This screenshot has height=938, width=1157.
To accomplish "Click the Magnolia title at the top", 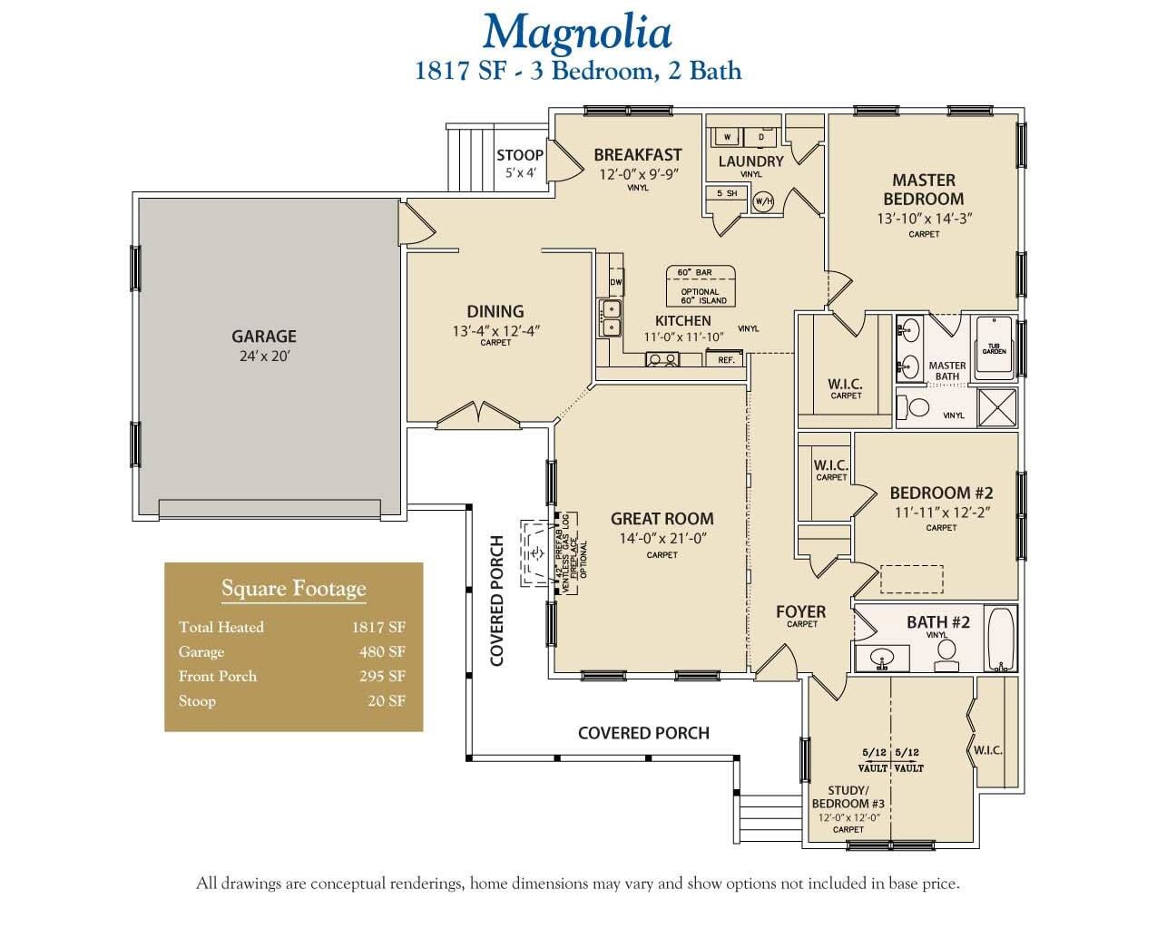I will point(577,32).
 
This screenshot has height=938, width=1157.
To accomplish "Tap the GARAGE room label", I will point(263,337).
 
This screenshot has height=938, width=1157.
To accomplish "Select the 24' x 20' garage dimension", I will point(263,357).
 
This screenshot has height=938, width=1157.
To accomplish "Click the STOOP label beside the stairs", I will point(520,155).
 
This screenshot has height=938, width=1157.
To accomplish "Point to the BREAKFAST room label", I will point(637,155).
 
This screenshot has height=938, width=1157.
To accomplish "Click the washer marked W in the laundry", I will point(727,137).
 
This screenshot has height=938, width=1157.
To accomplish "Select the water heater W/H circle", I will point(763,200).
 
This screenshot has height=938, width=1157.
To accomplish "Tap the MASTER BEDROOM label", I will point(923,190).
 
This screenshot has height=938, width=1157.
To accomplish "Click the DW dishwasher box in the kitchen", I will point(616,282).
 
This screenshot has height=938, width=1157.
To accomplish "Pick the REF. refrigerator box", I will point(726,360).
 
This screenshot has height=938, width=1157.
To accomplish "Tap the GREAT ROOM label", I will point(662,519).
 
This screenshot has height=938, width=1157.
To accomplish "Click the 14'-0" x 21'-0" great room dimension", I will point(662,538).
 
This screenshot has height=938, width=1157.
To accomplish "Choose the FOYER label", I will point(800,612).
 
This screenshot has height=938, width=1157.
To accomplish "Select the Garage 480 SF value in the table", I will point(381,651).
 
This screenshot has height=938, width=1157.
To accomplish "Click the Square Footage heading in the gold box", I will point(293,589).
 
